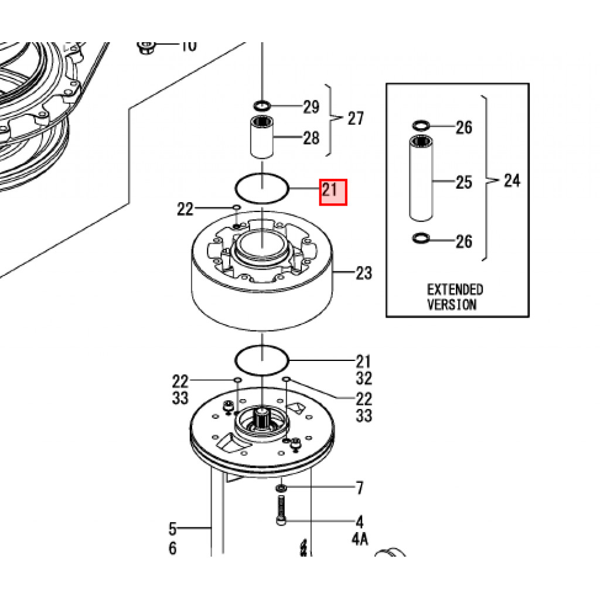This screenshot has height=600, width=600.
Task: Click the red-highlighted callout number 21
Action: [333, 192]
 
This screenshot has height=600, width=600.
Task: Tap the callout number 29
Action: [311, 107]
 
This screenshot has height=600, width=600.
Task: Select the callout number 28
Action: [311, 138]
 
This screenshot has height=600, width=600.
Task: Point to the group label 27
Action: [355, 119]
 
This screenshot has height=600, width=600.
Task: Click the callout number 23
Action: [364, 273]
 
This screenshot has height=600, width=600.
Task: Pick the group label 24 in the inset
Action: [512, 180]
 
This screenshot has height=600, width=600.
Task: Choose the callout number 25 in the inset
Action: [463, 182]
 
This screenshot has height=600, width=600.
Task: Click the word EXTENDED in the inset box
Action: [455, 289]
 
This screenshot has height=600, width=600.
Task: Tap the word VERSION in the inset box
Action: [452, 304]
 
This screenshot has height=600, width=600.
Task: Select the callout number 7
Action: [359, 487]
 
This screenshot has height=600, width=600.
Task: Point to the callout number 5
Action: [172, 529]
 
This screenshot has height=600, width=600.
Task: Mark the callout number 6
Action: [172, 548]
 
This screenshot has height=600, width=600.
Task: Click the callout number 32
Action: [364, 379]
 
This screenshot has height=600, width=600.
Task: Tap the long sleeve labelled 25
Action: [421, 178]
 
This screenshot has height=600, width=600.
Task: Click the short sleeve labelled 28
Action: [262, 138]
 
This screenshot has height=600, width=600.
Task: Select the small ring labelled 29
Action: [262, 106]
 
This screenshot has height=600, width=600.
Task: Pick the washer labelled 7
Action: [282, 488]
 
